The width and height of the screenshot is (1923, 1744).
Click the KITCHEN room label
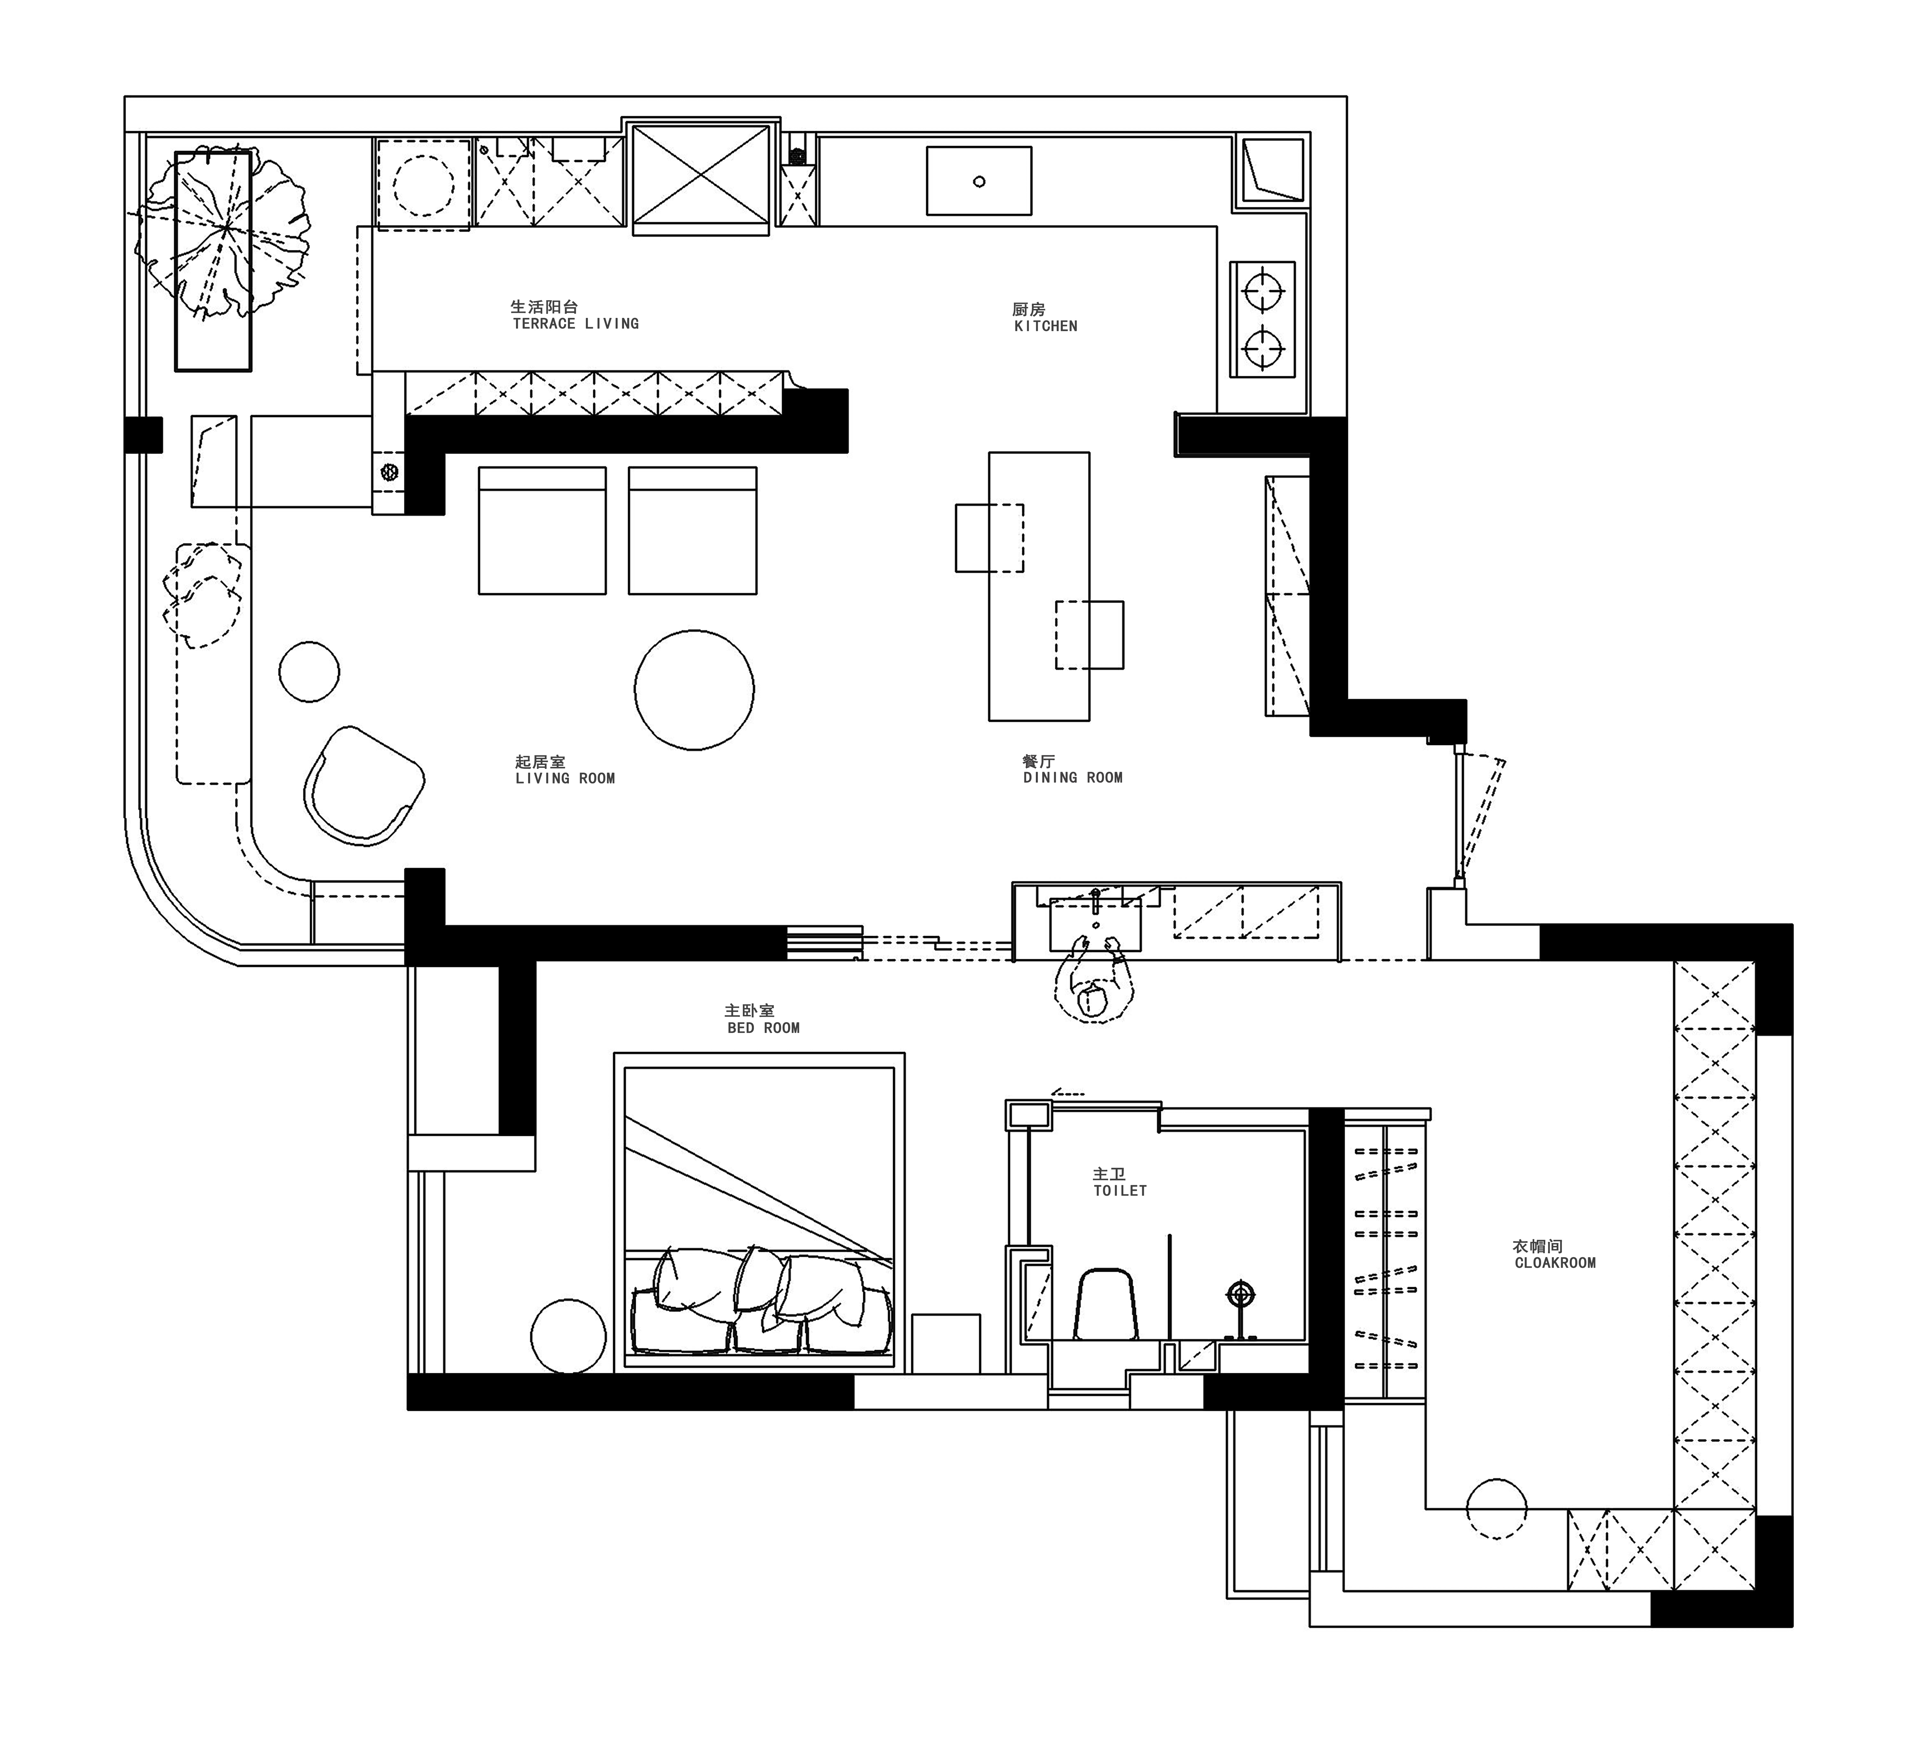(1045, 326)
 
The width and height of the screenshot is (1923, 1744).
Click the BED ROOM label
(763, 1028)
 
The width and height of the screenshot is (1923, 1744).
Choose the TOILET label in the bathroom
(1120, 1191)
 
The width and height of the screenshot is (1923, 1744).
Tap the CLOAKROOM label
(1555, 1262)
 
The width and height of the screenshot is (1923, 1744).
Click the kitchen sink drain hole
(979, 181)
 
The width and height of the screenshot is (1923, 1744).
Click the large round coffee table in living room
(695, 689)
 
